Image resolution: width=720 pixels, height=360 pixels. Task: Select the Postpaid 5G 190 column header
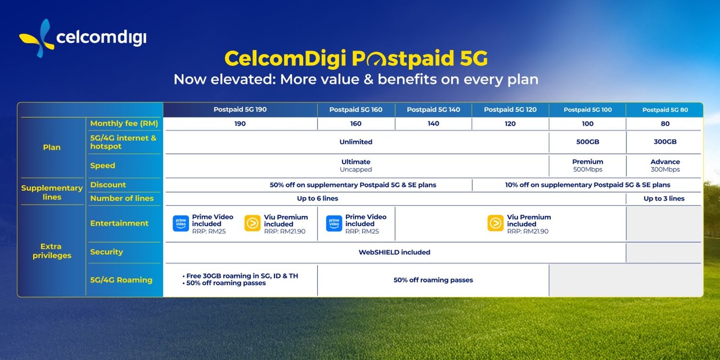tap(240, 109)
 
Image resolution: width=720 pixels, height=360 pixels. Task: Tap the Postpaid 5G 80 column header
tap(665, 110)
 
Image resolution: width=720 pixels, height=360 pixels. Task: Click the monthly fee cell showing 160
tap(356, 124)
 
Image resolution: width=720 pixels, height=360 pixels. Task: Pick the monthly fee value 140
tap(433, 124)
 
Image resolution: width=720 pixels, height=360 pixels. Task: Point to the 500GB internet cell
tap(588, 142)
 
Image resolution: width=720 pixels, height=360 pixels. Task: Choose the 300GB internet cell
tap(665, 142)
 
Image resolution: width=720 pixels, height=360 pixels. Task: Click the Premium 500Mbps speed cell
tap(588, 166)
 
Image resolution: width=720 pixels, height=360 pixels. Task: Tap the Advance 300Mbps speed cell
tap(665, 166)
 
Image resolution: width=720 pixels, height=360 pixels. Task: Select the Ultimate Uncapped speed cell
tap(356, 166)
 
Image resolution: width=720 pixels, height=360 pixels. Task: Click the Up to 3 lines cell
tap(664, 199)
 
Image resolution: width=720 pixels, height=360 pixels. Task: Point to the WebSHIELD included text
tap(394, 252)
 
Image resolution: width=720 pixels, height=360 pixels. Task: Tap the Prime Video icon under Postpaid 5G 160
tap(334, 224)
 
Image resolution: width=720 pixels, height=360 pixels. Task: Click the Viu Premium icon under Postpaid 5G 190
tap(252, 224)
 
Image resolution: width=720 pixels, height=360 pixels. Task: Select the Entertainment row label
tap(120, 223)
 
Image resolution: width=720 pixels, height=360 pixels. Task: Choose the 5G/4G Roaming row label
tap(121, 280)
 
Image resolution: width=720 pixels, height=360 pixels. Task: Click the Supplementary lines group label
tap(52, 192)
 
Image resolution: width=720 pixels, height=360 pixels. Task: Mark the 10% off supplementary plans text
tap(588, 185)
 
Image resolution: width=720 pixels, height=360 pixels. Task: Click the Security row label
tap(107, 252)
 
